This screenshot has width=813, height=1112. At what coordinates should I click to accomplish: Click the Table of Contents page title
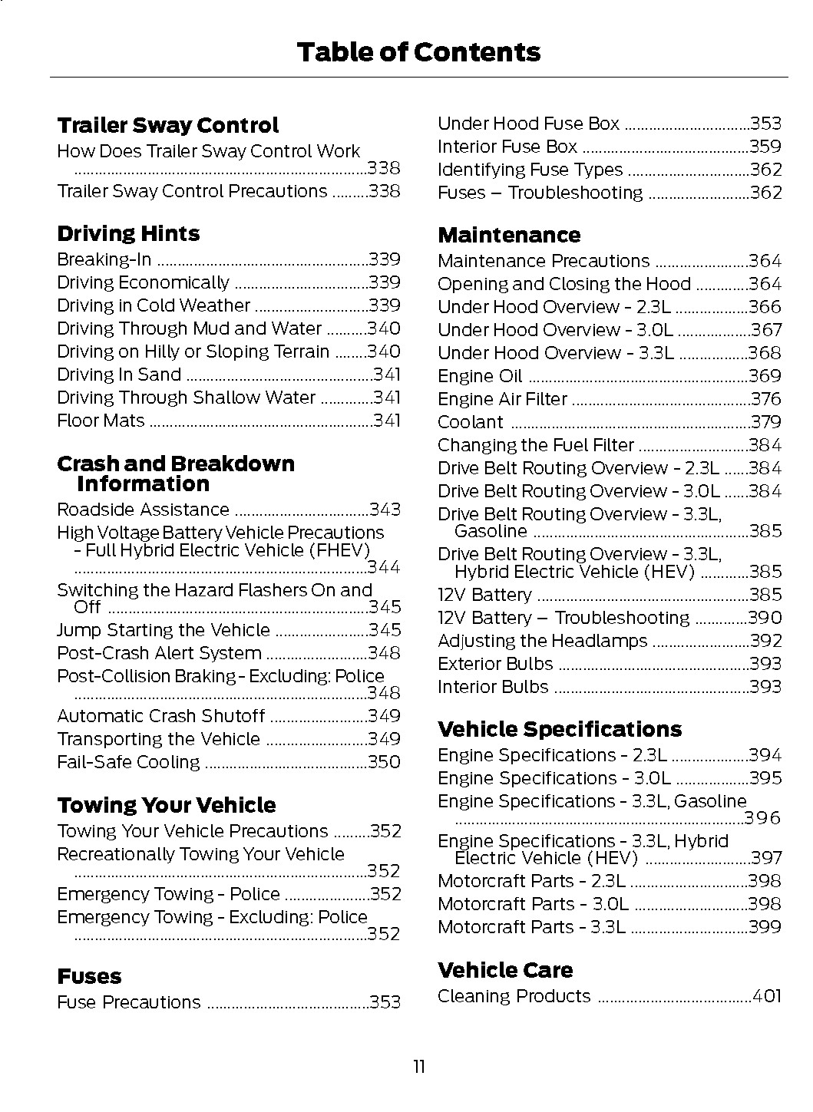[418, 52]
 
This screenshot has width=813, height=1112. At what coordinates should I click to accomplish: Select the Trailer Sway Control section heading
[167, 126]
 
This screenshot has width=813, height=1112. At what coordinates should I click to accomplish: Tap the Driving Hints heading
[128, 234]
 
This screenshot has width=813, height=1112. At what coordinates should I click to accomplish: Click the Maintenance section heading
[509, 236]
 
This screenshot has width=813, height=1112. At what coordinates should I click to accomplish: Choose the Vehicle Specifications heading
[560, 729]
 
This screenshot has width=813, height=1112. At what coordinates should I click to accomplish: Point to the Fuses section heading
[89, 977]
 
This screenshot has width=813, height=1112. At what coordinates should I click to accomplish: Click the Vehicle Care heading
[505, 971]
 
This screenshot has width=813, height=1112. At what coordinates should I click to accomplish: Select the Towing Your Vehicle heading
[166, 806]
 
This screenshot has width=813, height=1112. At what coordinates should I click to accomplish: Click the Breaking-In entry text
[104, 260]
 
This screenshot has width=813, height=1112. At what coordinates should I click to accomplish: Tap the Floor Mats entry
[101, 421]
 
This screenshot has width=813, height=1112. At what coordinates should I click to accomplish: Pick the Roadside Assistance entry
[143, 510]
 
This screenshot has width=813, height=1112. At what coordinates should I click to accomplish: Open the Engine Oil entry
[480, 377]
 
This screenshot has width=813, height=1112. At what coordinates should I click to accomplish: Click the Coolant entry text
[471, 423]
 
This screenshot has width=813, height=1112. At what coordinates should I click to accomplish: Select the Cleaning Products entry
[514, 997]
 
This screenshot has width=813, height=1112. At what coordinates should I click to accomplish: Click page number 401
[766, 997]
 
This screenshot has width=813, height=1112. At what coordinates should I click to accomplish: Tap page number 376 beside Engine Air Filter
[765, 400]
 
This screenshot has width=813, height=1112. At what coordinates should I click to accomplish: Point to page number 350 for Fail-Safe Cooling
[384, 763]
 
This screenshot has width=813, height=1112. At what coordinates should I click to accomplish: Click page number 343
[385, 510]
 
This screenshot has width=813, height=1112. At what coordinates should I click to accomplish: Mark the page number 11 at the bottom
[418, 1067]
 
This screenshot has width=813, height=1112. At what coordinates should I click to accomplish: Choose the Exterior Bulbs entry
[495, 665]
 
